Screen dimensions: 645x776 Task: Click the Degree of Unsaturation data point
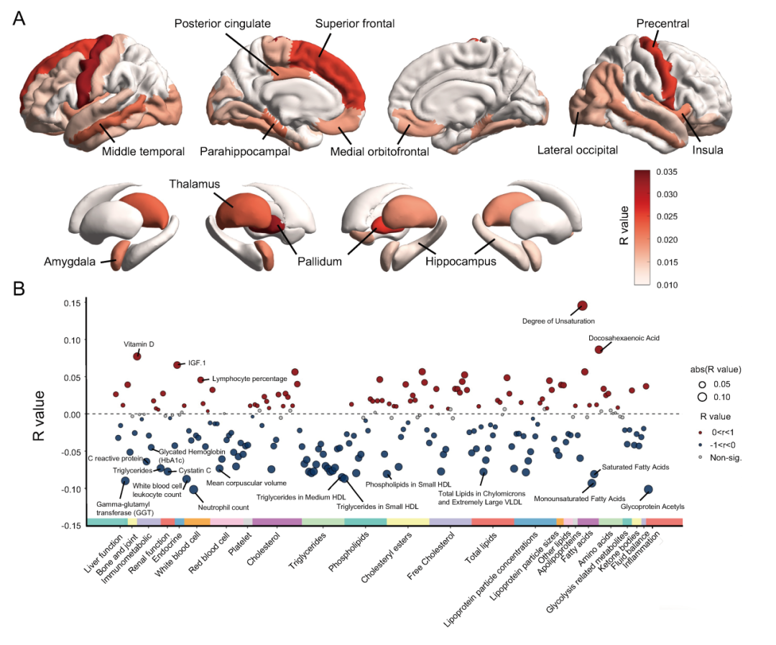tap(583, 306)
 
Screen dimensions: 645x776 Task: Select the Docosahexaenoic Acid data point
tap(599, 349)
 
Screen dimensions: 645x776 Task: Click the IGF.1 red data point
tap(177, 365)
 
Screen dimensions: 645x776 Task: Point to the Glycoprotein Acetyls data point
tap(648, 489)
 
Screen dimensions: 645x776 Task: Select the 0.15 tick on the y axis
tap(70, 303)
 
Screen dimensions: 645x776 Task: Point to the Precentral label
tap(662, 24)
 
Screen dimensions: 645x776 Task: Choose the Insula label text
tap(708, 150)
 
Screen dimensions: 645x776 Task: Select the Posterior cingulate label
tap(223, 24)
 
